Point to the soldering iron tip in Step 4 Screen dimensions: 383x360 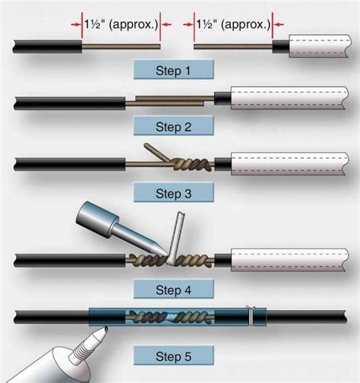pyautogui.click(x=158, y=252)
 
